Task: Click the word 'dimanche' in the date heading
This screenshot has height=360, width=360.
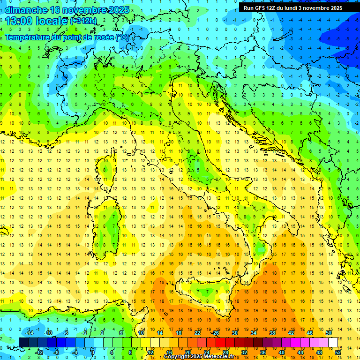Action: pyautogui.click(x=26, y=10)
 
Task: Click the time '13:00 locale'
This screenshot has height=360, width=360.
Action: pyautogui.click(x=36, y=21)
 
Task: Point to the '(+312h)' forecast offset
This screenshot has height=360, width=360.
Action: pyautogui.click(x=84, y=21)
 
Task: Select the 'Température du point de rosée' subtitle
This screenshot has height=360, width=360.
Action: pyautogui.click(x=67, y=37)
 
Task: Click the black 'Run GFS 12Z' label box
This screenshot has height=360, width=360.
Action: pyautogui.click(x=293, y=8)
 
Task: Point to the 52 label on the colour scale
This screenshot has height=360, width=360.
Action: pyautogui.click(x=337, y=352)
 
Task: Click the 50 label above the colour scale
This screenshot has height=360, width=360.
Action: pyautogui.click(x=328, y=333)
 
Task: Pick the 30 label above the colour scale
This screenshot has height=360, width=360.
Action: pyautogui.click(x=234, y=333)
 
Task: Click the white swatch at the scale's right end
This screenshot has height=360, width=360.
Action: pyautogui.click(x=333, y=343)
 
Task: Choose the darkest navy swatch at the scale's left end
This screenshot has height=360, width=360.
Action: pyautogui.click(x=24, y=343)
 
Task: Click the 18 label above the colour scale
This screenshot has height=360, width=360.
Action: pyautogui.click(x=178, y=333)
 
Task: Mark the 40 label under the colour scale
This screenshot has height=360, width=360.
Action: pyautogui.click(x=281, y=352)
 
